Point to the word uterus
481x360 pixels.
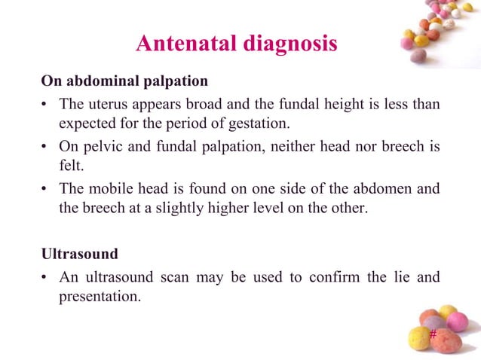point(104,103)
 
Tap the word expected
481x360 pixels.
point(85,124)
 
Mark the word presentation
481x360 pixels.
point(98,297)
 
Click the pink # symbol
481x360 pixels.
point(432,334)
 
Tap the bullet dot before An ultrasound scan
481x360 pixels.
point(45,277)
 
